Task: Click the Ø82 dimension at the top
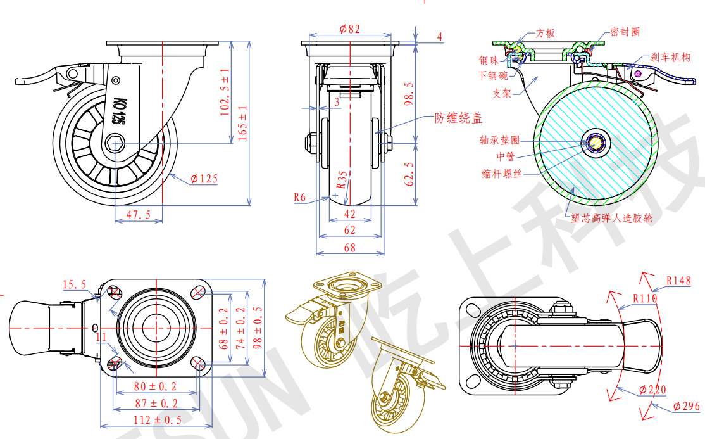click(350, 29)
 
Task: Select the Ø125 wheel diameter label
click(204, 179)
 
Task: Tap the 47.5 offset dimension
click(139, 215)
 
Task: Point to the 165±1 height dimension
click(243, 123)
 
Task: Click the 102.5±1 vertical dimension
click(225, 92)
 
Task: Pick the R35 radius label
click(342, 179)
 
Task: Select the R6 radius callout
click(299, 197)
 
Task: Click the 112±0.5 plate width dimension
click(158, 420)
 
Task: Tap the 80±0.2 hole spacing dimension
click(155, 386)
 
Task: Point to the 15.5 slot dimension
click(74, 284)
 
